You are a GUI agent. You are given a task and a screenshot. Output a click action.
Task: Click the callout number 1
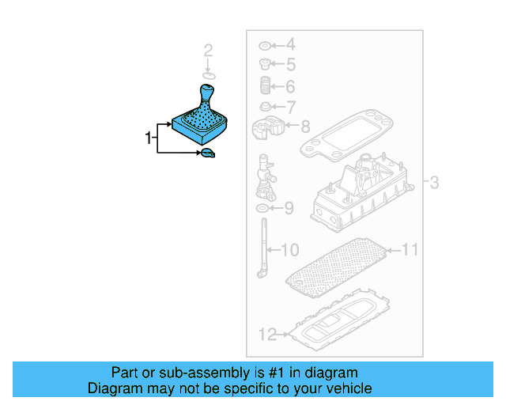click(x=148, y=138)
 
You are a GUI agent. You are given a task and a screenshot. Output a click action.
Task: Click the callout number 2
click(x=209, y=52)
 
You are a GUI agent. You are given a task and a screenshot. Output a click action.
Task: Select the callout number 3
click(x=433, y=184)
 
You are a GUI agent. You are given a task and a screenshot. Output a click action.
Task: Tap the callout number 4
click(x=289, y=44)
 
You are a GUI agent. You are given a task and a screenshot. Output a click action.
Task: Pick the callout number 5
click(x=290, y=65)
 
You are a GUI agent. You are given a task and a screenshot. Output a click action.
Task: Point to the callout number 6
click(x=289, y=87)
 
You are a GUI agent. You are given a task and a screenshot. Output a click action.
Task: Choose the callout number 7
click(x=290, y=107)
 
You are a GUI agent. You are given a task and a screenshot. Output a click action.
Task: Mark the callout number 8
click(x=305, y=125)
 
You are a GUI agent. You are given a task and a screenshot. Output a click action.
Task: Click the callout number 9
click(x=289, y=209)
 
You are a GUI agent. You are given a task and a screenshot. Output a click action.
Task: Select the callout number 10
click(x=290, y=251)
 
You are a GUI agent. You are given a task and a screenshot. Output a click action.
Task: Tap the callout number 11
click(x=409, y=251)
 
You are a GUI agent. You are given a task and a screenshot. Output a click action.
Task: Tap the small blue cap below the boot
click(x=207, y=153)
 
